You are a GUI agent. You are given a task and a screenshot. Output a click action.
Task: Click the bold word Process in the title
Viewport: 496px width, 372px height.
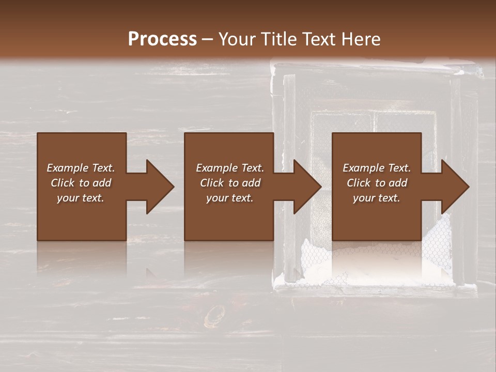pos(162,39)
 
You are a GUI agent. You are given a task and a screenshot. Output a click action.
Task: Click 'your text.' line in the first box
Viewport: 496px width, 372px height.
pos(81,198)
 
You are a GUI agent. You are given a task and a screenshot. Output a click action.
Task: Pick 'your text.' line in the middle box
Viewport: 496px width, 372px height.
pos(230,198)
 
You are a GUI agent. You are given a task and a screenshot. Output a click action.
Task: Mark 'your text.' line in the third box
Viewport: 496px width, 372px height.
pos(377,198)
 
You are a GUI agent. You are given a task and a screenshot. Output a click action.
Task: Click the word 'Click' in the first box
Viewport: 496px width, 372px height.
pos(63,183)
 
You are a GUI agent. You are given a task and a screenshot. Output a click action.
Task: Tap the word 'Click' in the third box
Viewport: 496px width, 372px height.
pos(359,183)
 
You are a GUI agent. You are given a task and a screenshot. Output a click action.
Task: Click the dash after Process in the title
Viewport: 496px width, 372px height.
pos(207,40)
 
